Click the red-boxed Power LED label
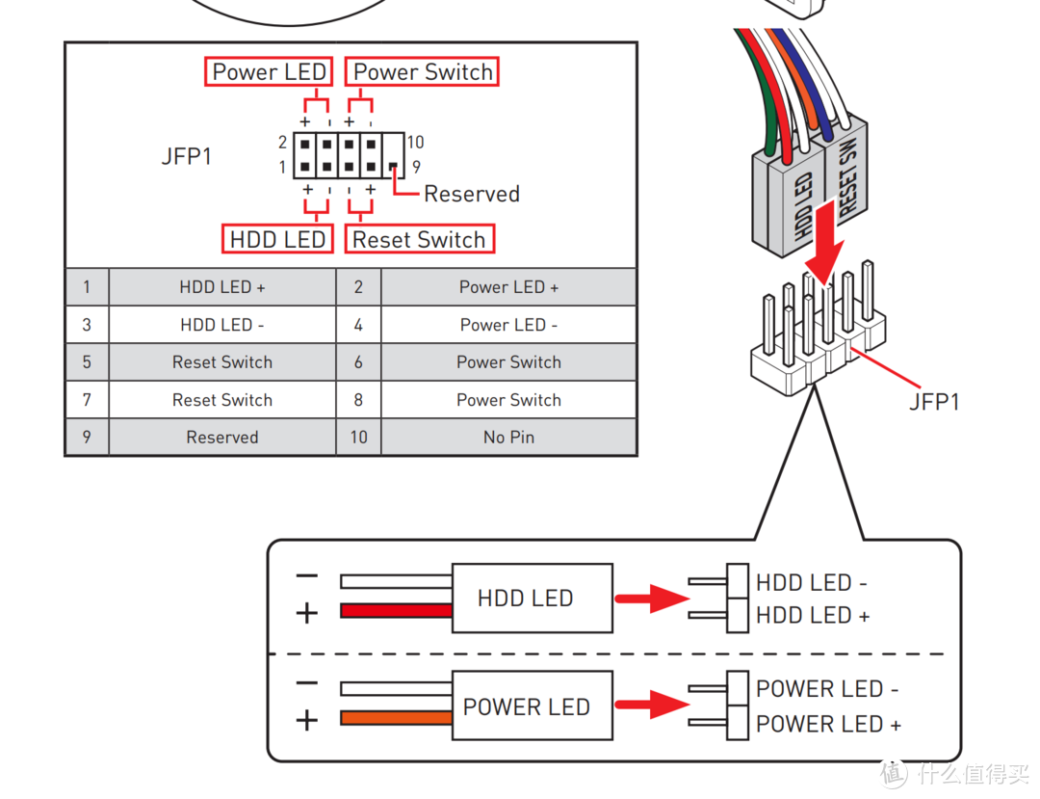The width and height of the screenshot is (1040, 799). pyautogui.click(x=269, y=72)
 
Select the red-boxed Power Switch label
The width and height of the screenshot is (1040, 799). pyautogui.click(x=423, y=72)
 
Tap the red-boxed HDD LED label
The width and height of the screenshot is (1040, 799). pyautogui.click(x=277, y=239)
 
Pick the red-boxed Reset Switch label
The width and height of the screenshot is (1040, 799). pyautogui.click(x=419, y=239)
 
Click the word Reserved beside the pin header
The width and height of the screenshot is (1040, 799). pyautogui.click(x=472, y=194)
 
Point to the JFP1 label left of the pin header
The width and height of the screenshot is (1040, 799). pyautogui.click(x=187, y=156)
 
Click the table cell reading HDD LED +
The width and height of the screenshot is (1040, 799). pyautogui.click(x=222, y=287)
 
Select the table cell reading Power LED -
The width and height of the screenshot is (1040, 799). pyautogui.click(x=508, y=325)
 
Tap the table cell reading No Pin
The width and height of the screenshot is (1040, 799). pyautogui.click(x=508, y=438)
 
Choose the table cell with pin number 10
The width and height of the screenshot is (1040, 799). pyautogui.click(x=358, y=438)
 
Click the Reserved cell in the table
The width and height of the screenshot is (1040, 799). pyautogui.click(x=222, y=438)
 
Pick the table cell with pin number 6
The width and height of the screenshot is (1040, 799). pyautogui.click(x=358, y=362)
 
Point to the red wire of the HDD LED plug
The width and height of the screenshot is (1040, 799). pyautogui.click(x=396, y=610)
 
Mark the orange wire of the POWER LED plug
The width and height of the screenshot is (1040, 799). pyautogui.click(x=396, y=718)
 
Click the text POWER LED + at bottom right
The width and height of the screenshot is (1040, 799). pyautogui.click(x=828, y=724)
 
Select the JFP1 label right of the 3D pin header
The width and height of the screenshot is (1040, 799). pyautogui.click(x=934, y=402)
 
